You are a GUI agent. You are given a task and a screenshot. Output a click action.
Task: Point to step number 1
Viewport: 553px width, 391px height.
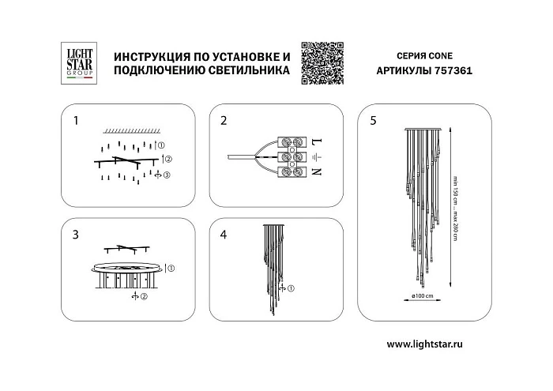click(76, 122)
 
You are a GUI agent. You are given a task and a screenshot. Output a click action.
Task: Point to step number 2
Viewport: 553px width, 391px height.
click(224, 122)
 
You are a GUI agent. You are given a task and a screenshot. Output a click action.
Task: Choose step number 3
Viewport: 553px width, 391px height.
click(76, 235)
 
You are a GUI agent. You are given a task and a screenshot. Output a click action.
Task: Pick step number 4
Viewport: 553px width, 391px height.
click(224, 235)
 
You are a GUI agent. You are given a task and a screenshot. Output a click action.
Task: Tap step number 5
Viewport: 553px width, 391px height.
click(373, 122)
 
